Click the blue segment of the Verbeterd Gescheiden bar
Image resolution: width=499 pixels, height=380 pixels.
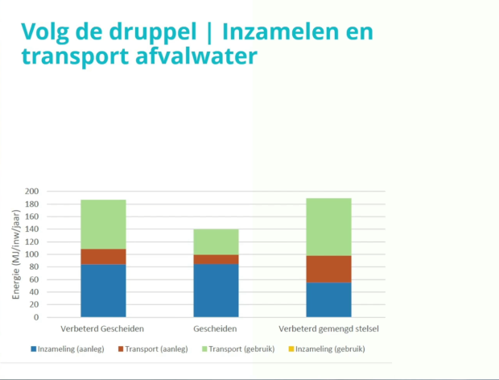pyautogui.click(x=103, y=291)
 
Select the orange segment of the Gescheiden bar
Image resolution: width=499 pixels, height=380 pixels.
pyautogui.click(x=216, y=259)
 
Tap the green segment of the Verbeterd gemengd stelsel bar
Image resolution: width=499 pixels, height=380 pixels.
pyautogui.click(x=328, y=227)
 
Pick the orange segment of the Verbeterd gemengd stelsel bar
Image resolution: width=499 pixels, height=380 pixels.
pyautogui.click(x=328, y=269)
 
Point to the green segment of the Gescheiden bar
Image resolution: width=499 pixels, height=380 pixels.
pyautogui.click(x=216, y=242)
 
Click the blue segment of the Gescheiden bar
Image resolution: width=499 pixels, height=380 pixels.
pyautogui.click(x=216, y=291)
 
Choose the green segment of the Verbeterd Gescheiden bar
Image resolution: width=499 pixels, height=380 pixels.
pyautogui.click(x=103, y=225)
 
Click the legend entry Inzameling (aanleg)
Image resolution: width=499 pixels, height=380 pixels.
pyautogui.click(x=68, y=349)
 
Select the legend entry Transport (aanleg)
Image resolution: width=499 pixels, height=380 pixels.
pyautogui.click(x=153, y=349)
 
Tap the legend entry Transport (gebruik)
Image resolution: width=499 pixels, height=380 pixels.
pyautogui.click(x=238, y=349)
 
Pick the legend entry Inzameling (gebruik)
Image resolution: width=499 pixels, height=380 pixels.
pyautogui.click(x=327, y=349)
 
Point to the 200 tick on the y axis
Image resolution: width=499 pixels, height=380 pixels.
pyautogui.click(x=32, y=192)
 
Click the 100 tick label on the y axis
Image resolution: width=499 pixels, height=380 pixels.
pyautogui.click(x=32, y=254)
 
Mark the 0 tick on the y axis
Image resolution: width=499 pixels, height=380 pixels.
pyautogui.click(x=36, y=317)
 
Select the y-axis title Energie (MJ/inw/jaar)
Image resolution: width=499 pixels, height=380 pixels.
pyautogui.click(x=16, y=254)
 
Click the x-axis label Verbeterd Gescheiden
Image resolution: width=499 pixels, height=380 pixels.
pyautogui.click(x=102, y=328)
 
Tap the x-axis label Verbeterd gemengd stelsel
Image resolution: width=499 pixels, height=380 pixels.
pyautogui.click(x=328, y=328)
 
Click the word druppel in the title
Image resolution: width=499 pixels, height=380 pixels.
pyautogui.click(x=153, y=32)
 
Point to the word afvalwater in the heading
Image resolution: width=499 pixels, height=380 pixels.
pyautogui.click(x=196, y=56)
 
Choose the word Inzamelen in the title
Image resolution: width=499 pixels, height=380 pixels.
pyautogui.click(x=281, y=31)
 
